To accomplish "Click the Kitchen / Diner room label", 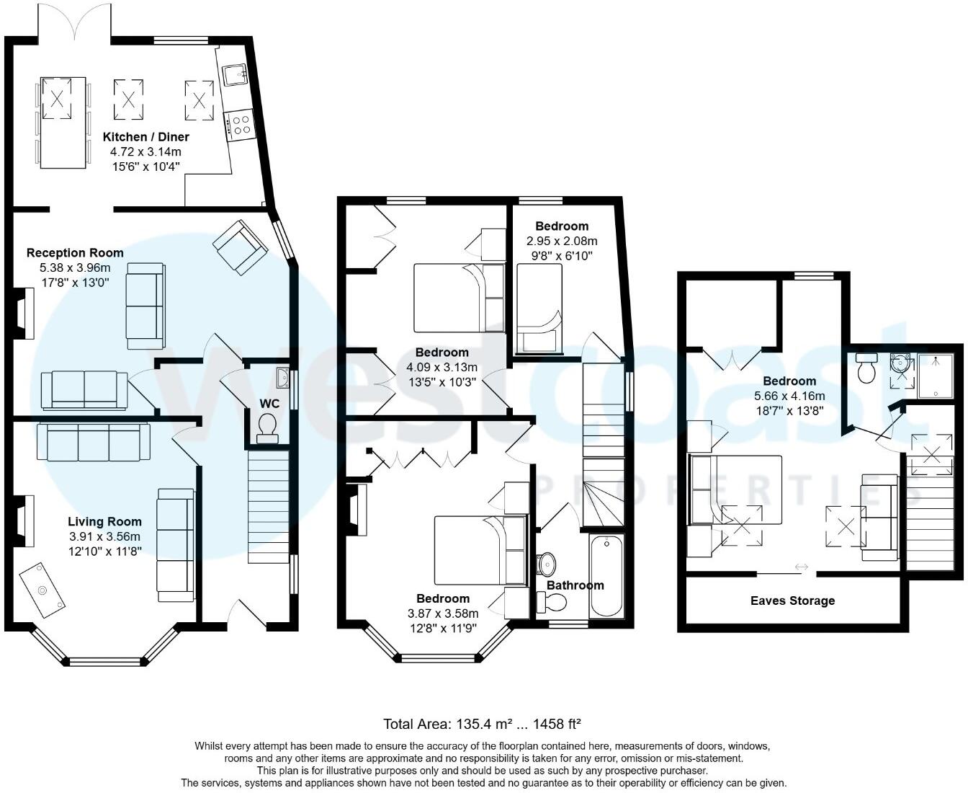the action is [x=146, y=136].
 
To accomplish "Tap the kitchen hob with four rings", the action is [x=240, y=125].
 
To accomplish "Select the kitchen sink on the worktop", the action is [x=236, y=75].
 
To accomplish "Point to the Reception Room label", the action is [x=75, y=253].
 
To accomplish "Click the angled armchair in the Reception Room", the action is [x=240, y=247].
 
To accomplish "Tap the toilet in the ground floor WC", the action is [x=267, y=428].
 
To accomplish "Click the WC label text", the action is [x=269, y=404].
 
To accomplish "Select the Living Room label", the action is [x=104, y=521].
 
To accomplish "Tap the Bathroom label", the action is [x=575, y=585].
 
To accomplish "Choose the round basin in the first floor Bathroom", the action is [x=546, y=564].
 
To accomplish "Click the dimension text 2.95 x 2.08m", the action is [x=562, y=241].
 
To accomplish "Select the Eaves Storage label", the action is [x=792, y=601].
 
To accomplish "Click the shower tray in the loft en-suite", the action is [x=936, y=376].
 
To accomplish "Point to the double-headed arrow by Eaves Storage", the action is [x=802, y=567].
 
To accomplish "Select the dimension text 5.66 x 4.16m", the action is [x=789, y=396].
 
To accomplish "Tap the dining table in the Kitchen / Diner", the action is [x=63, y=123].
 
